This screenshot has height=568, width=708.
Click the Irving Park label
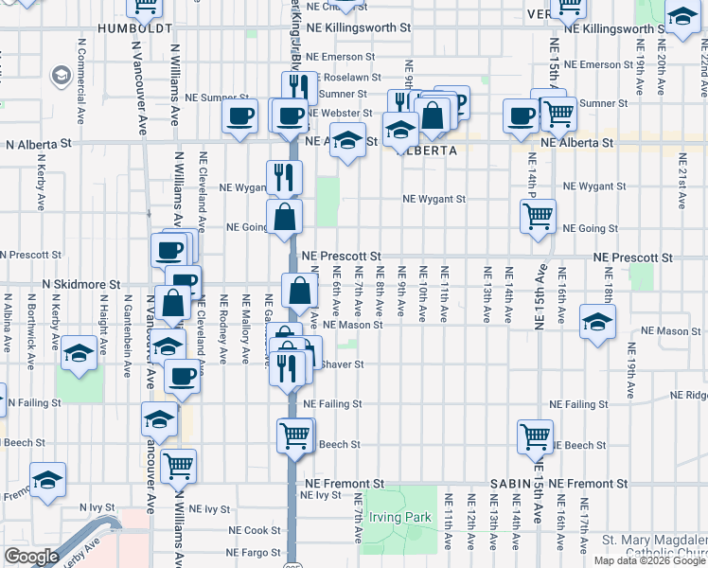click(401, 517)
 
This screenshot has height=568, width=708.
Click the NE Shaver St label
click(343, 364)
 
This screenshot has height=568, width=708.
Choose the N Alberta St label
click(40, 145)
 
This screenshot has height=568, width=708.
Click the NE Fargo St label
click(251, 552)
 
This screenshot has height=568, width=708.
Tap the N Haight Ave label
click(102, 319)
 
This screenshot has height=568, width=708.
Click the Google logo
click(31, 557)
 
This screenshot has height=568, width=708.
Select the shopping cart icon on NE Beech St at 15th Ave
click(535, 436)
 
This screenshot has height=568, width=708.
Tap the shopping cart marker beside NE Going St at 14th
click(538, 216)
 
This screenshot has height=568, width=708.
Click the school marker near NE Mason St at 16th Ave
click(596, 321)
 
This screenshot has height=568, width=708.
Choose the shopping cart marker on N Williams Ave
click(177, 465)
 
